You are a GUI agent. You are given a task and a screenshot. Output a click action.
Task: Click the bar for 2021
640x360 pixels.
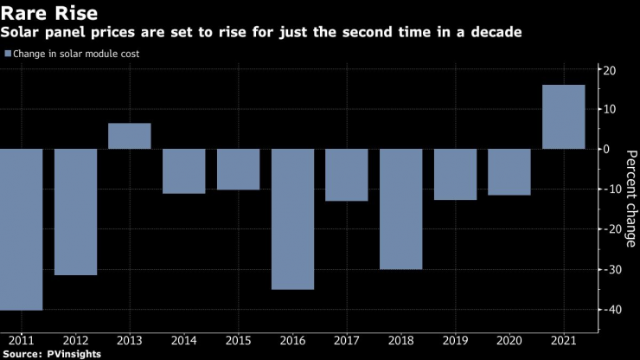(x=563, y=117)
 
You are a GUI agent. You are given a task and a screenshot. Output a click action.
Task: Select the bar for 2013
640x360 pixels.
(x=130, y=136)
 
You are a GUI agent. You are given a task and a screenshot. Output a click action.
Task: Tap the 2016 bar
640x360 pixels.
(x=292, y=219)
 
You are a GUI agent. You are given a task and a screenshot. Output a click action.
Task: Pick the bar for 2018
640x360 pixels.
(x=401, y=209)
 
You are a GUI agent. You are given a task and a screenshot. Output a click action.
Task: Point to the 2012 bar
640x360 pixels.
(x=75, y=212)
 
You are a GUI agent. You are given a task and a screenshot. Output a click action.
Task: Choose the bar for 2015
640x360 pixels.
(x=238, y=169)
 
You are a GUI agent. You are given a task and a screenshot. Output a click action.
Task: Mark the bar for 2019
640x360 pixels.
(x=455, y=174)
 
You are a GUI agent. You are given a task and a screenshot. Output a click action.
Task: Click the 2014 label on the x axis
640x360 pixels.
(x=184, y=342)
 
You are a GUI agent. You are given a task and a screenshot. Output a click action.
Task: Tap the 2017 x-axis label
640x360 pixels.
(x=347, y=342)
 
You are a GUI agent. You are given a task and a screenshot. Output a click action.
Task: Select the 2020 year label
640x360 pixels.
(x=509, y=342)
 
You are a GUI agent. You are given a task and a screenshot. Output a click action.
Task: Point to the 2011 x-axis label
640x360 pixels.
(x=22, y=342)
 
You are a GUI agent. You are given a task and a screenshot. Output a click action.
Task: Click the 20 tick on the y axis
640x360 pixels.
(x=609, y=70)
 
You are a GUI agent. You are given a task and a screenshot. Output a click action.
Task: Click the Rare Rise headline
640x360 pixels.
(x=49, y=14)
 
